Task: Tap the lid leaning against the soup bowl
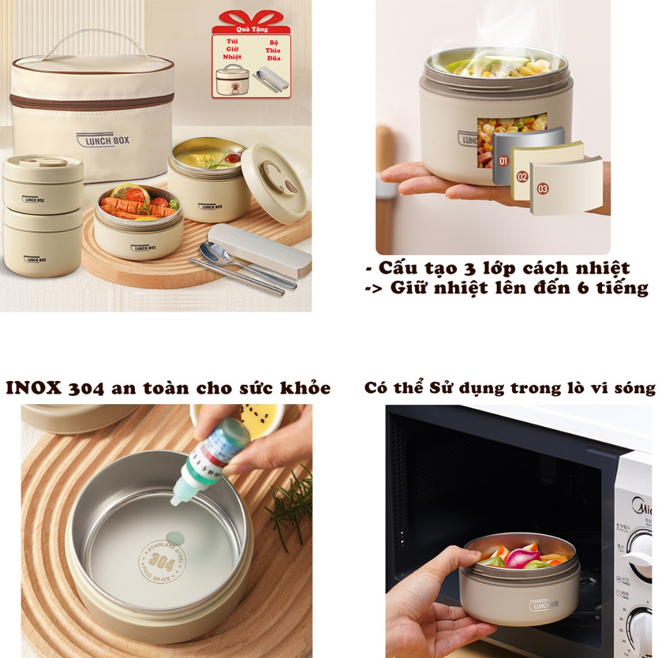[274, 182]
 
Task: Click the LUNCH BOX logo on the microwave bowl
[544, 605]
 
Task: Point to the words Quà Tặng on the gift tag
[251, 29]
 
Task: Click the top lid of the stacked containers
[43, 163]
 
